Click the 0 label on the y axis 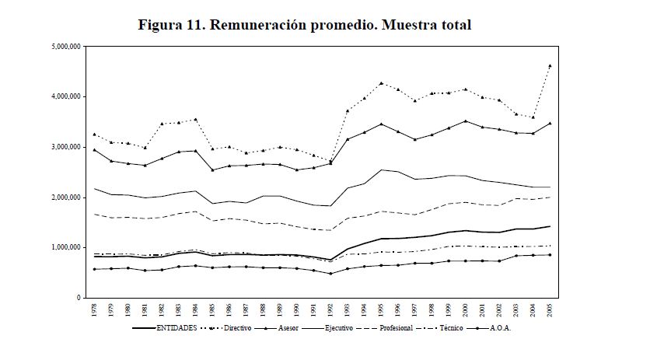80,298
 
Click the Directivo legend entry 245,329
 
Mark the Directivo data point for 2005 550,66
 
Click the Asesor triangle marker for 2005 550,123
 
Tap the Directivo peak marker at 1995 381,83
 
